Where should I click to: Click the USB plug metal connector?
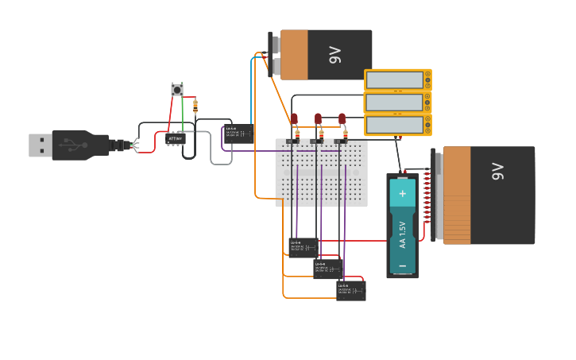pos(40,145)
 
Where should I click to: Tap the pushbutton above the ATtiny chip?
pos(177,90)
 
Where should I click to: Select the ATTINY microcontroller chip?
pos(176,139)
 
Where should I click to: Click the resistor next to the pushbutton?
pos(195,106)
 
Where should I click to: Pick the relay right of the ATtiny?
pos(238,133)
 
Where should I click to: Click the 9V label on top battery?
pos(334,55)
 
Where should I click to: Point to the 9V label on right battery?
pos(497,171)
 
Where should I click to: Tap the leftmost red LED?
pos(294,119)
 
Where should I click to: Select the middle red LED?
pos(318,119)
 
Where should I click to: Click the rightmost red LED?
pos(342,119)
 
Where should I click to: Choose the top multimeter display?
pos(395,80)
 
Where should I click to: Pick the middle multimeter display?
pos(395,103)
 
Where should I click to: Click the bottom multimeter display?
pos(395,125)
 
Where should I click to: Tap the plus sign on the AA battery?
pos(402,193)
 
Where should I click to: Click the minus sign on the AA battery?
pos(402,265)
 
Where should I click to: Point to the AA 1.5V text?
pos(402,234)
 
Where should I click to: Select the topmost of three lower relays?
pos(303,246)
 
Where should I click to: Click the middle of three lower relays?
pos(327,269)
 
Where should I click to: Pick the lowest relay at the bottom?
pos(351,290)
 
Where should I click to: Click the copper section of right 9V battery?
pos(457,195)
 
